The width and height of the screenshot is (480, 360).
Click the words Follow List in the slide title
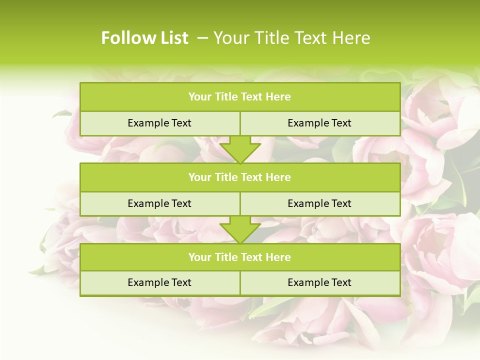point(144,38)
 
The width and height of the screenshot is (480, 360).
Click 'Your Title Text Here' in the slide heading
point(291,38)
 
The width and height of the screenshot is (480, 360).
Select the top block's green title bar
point(240,97)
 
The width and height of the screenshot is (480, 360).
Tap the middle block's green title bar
point(240,177)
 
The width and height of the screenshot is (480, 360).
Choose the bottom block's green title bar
point(240,257)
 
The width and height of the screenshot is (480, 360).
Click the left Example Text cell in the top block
point(159,123)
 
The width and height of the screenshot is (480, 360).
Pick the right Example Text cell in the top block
point(319,123)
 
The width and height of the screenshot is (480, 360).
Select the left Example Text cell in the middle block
point(159,203)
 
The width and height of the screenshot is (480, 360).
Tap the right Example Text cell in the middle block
point(319,203)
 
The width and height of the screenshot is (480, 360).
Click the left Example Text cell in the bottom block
point(159,282)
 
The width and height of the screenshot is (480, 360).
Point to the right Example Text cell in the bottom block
point(319,282)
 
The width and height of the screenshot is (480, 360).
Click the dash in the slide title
point(202,38)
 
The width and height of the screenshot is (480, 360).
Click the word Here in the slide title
point(352,38)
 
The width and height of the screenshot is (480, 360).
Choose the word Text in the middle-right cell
point(341,203)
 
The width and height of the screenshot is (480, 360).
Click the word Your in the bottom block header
point(199,257)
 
